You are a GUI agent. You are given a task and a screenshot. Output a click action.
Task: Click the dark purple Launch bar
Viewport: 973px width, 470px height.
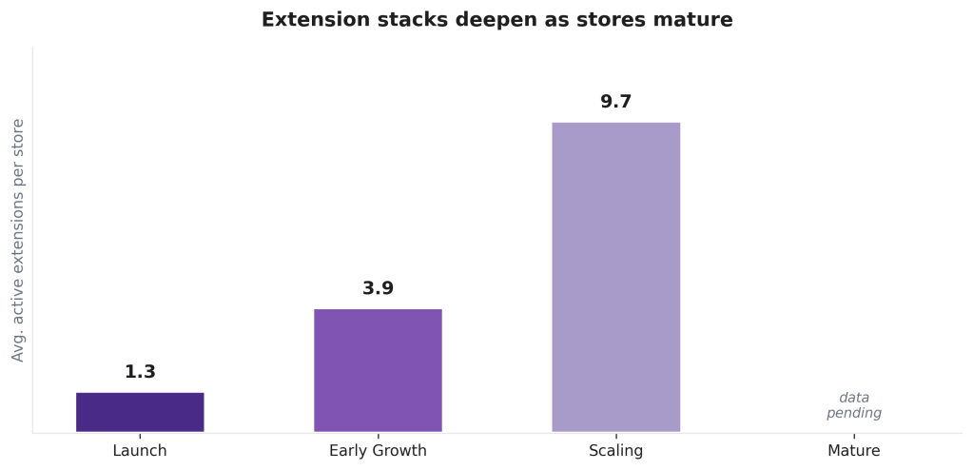tap(140, 412)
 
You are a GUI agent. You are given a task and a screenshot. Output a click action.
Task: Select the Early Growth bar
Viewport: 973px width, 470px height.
tap(378, 370)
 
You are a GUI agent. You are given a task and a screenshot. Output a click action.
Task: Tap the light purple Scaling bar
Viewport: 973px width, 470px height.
tap(615, 277)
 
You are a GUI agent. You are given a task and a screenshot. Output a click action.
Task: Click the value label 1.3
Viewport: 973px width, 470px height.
tap(140, 372)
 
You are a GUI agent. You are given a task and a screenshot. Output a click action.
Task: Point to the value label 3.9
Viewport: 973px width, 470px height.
tap(378, 288)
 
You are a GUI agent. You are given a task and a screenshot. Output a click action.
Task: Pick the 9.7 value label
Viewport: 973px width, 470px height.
tap(615, 102)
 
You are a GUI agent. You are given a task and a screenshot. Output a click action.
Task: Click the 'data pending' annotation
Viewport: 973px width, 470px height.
tap(853, 405)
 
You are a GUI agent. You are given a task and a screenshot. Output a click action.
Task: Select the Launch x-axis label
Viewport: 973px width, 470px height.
tap(140, 451)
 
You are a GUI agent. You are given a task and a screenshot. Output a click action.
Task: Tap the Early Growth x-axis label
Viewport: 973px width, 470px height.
tap(378, 451)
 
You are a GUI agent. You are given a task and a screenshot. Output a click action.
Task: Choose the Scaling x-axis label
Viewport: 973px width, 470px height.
tap(615, 451)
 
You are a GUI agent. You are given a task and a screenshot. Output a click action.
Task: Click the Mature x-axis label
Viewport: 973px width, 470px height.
tap(853, 451)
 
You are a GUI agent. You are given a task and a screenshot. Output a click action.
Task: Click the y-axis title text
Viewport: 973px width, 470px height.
tap(18, 240)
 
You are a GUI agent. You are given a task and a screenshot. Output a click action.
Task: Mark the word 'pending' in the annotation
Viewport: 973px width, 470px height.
tap(853, 414)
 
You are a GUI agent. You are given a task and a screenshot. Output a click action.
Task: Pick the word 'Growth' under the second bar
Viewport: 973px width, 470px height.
tap(399, 451)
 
